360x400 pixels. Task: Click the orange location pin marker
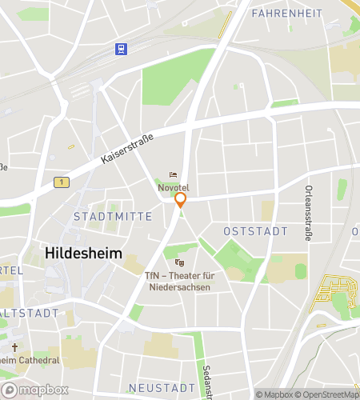click(x=181, y=199)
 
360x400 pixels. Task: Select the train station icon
click(x=121, y=49)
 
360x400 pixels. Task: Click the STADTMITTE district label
click(x=101, y=217)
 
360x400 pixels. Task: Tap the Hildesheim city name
click(x=84, y=252)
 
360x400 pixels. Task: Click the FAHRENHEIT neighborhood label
click(x=286, y=14)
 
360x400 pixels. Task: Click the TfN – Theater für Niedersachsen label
click(x=179, y=282)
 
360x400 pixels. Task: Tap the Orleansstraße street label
click(x=309, y=212)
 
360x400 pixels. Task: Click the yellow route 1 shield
click(x=58, y=183)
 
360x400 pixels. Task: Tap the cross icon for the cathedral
click(x=14, y=348)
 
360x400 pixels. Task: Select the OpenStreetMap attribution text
click(x=329, y=394)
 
